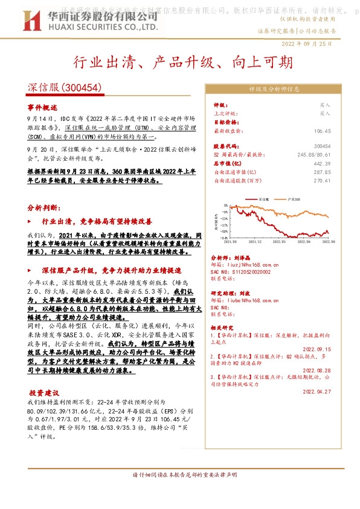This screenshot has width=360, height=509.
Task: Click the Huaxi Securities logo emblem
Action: coord(37,21)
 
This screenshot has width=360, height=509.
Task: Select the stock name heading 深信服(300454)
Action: coord(59,87)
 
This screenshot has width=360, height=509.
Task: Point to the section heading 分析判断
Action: coord(42,207)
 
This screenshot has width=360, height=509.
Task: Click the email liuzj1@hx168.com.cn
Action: coord(253,264)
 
